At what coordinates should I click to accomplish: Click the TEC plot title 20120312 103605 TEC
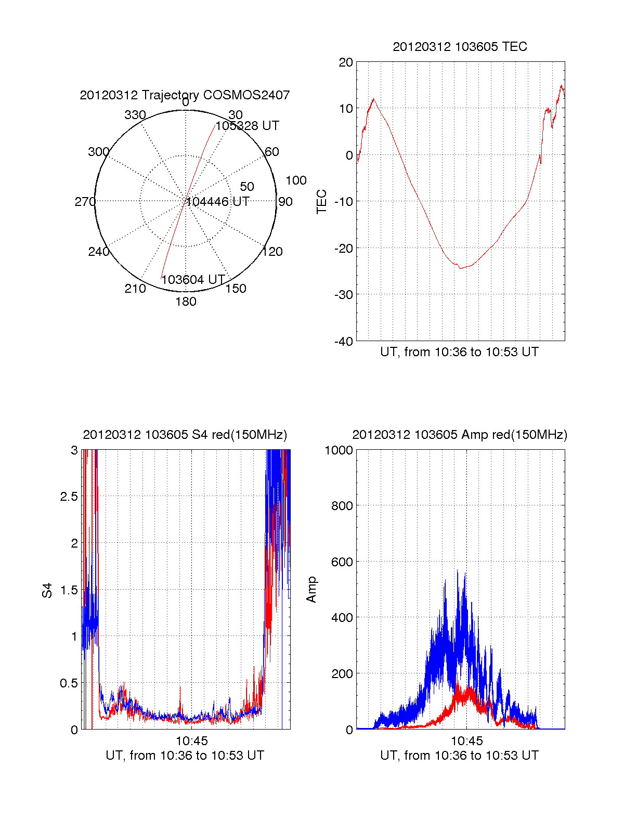click(460, 47)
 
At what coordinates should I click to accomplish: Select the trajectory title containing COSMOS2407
click(185, 95)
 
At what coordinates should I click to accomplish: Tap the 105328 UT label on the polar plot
click(248, 126)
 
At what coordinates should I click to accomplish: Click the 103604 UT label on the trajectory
click(193, 280)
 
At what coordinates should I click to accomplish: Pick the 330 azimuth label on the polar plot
click(135, 115)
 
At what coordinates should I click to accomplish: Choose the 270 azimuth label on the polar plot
click(85, 202)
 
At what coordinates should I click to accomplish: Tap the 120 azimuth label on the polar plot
click(272, 252)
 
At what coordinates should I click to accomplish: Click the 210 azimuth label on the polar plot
click(135, 289)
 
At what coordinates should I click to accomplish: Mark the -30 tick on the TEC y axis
click(343, 295)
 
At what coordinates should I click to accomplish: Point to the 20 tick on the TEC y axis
click(346, 62)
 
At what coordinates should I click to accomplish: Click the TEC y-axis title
click(322, 202)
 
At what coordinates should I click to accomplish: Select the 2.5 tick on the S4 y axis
click(69, 497)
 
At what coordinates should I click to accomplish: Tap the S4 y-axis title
click(47, 590)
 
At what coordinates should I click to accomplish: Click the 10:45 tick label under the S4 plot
click(192, 741)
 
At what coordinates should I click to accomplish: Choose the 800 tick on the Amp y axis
click(342, 506)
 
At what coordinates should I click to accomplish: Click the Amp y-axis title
click(311, 590)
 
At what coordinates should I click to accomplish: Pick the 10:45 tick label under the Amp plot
click(466, 741)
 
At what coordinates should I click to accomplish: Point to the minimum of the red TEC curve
click(460, 268)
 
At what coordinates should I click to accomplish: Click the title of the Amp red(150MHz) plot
click(460, 435)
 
